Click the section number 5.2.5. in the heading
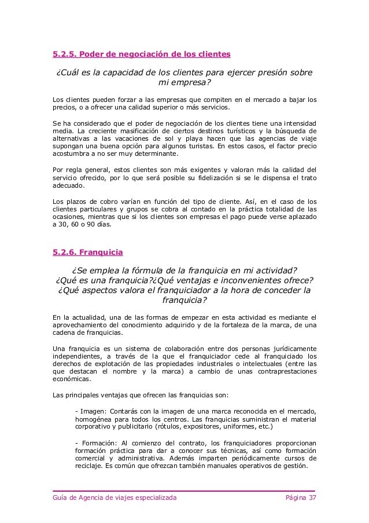pyautogui.click(x=64, y=54)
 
